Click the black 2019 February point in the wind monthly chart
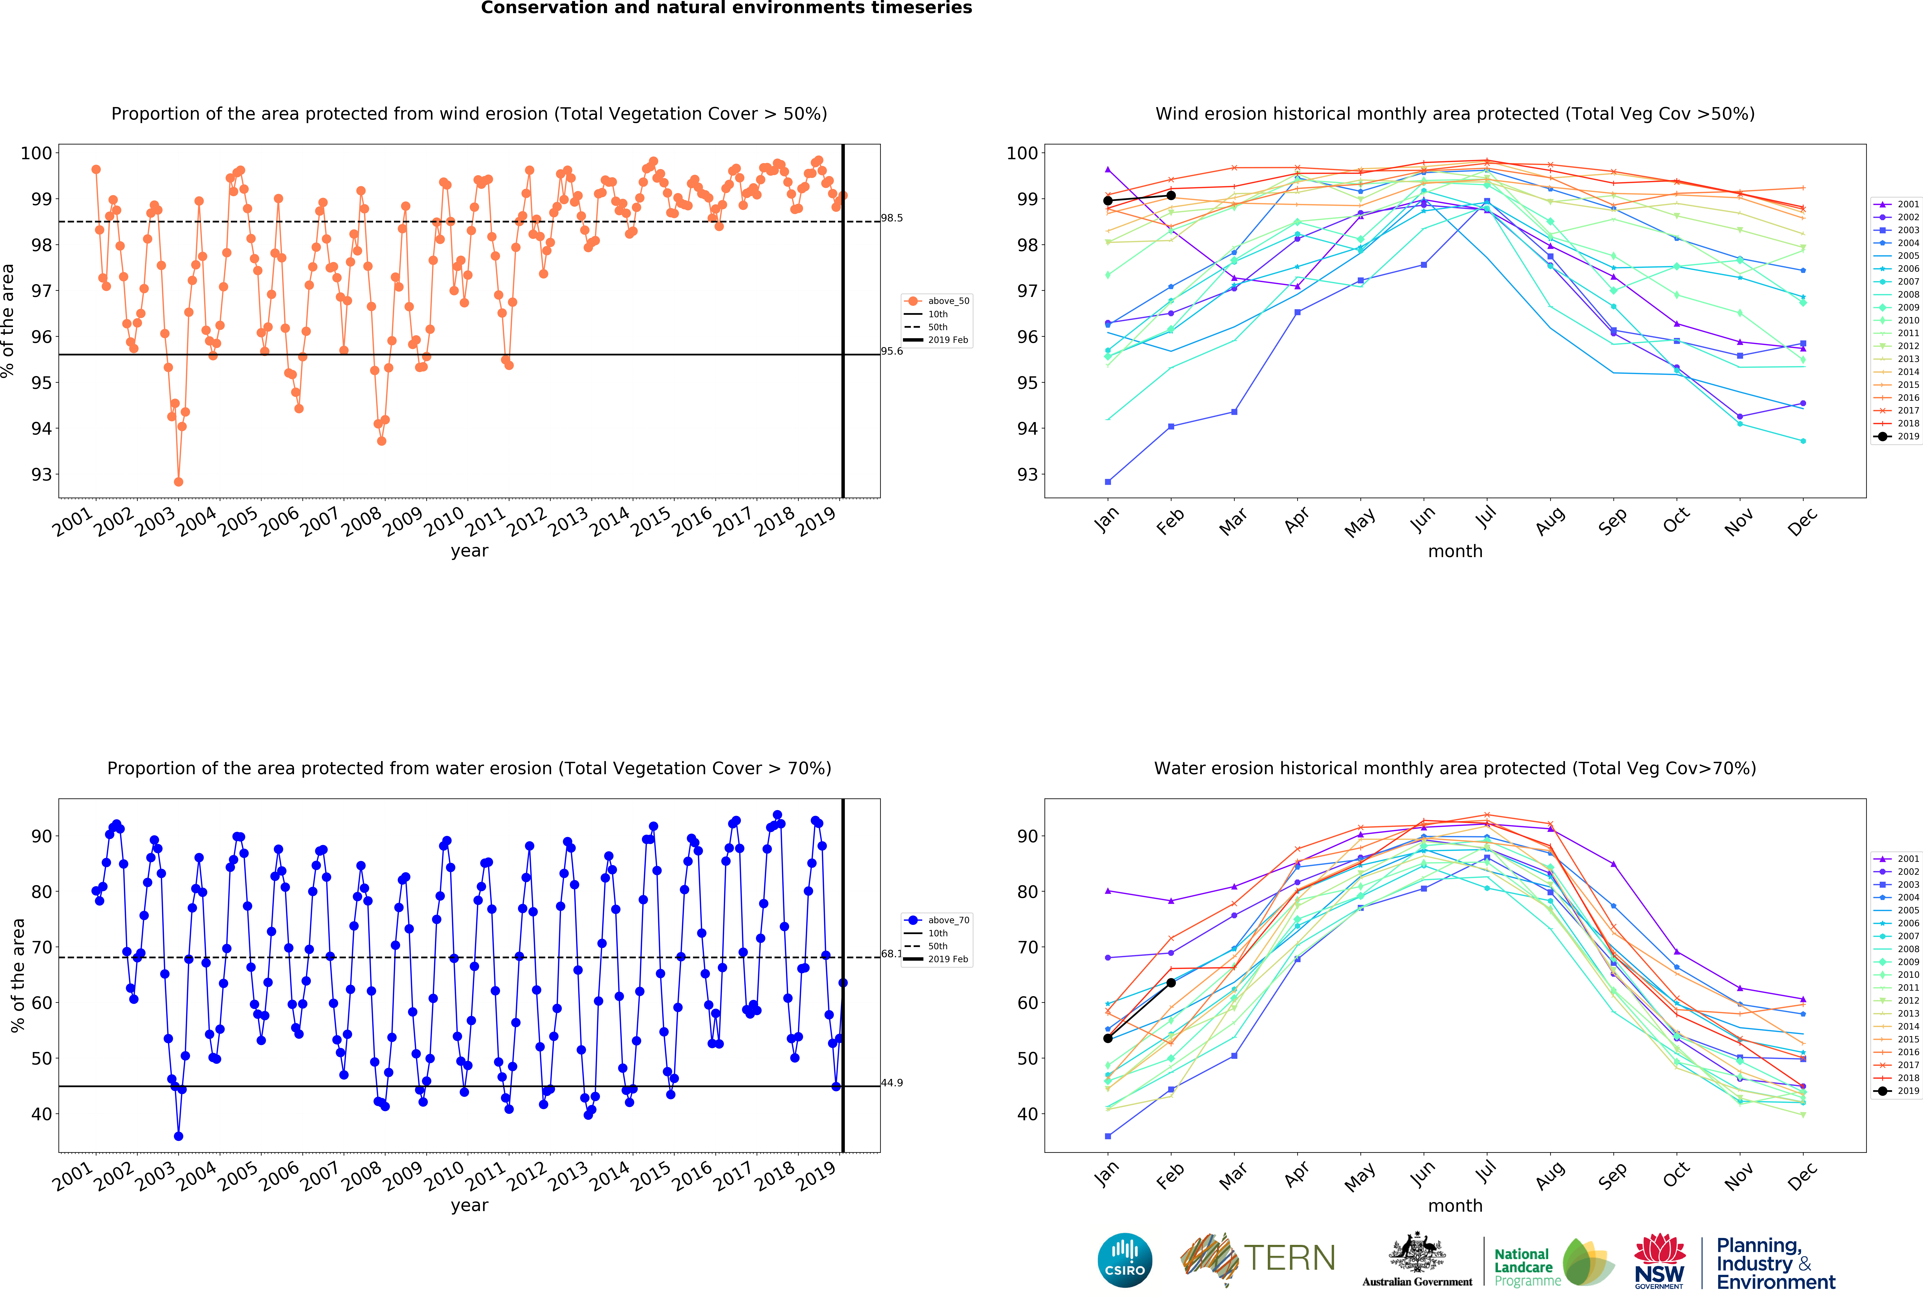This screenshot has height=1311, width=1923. (x=1171, y=195)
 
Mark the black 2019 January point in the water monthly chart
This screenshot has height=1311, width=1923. (x=1108, y=1038)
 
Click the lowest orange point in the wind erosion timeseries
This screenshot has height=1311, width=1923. (x=179, y=482)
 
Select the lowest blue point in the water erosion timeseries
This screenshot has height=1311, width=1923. (x=179, y=1136)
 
